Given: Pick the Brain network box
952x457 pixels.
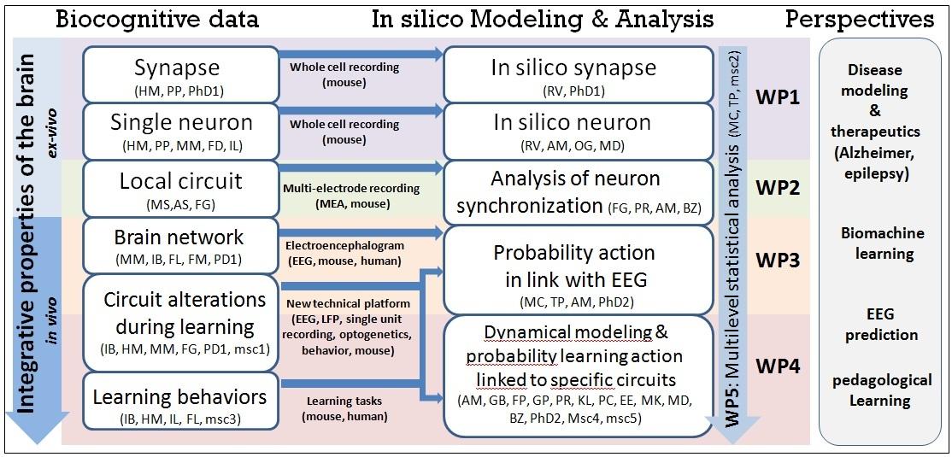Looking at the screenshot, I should pos(179,245).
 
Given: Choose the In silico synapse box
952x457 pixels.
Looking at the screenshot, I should pos(579,74).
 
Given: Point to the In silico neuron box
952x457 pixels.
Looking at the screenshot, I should pos(579,131).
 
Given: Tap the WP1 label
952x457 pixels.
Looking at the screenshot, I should pos(778,97).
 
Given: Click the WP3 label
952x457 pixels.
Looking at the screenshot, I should pos(778,260).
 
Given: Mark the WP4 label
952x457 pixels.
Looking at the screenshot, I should pos(778,366).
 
